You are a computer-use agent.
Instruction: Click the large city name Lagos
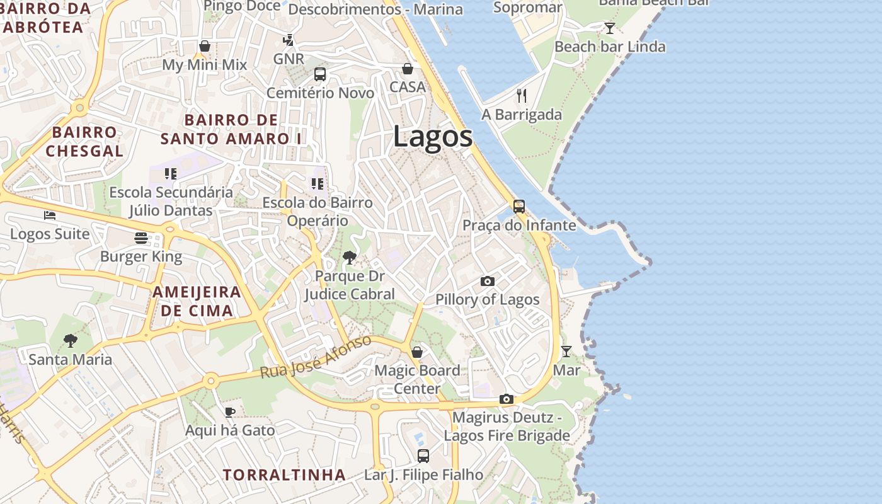point(433,137)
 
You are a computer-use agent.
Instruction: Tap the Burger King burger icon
point(141,238)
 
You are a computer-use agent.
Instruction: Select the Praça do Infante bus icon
point(518,206)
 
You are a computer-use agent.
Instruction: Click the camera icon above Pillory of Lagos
point(487,281)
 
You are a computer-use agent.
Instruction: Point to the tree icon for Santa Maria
point(71,341)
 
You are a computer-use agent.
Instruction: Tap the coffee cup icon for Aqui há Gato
point(230,412)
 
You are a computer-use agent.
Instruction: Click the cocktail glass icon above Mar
point(566,351)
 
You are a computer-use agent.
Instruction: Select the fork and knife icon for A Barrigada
point(521,96)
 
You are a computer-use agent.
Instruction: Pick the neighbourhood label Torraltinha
point(284,474)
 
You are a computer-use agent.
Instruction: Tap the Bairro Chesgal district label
point(84,142)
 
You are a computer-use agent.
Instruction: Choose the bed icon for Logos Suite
point(50,215)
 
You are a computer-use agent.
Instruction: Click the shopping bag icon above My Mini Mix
point(205,46)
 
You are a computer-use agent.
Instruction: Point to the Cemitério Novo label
point(320,93)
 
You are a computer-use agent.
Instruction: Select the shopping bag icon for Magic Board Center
point(416,352)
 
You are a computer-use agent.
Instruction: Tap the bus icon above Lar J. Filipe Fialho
point(423,455)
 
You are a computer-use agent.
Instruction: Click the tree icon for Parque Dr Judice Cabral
point(349,257)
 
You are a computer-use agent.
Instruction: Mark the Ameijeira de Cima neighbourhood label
point(197,301)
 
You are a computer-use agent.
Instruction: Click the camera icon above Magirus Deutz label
point(506,399)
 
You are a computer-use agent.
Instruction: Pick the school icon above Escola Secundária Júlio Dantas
point(170,173)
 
